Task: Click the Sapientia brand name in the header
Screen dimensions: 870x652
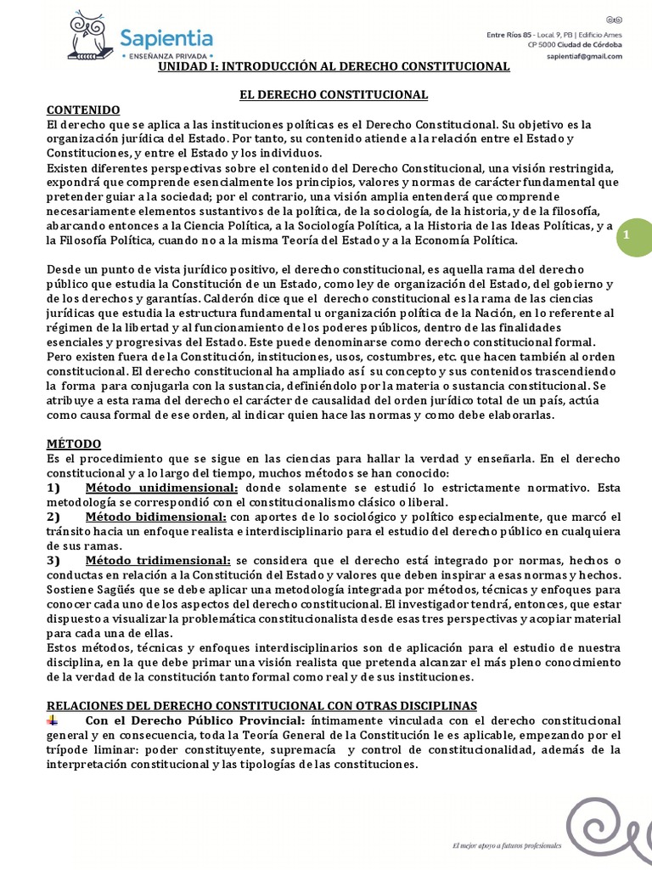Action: coord(166,37)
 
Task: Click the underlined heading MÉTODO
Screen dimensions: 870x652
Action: coord(73,443)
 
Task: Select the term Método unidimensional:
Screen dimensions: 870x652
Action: coord(162,488)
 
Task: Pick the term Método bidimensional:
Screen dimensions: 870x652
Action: coord(155,517)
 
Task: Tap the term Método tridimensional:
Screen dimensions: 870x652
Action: coord(158,560)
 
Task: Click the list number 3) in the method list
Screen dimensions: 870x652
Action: coord(53,560)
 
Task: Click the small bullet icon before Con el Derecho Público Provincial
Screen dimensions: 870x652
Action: coord(53,720)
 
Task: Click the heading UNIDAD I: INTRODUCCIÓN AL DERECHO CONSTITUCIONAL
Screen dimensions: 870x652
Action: coord(334,65)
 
